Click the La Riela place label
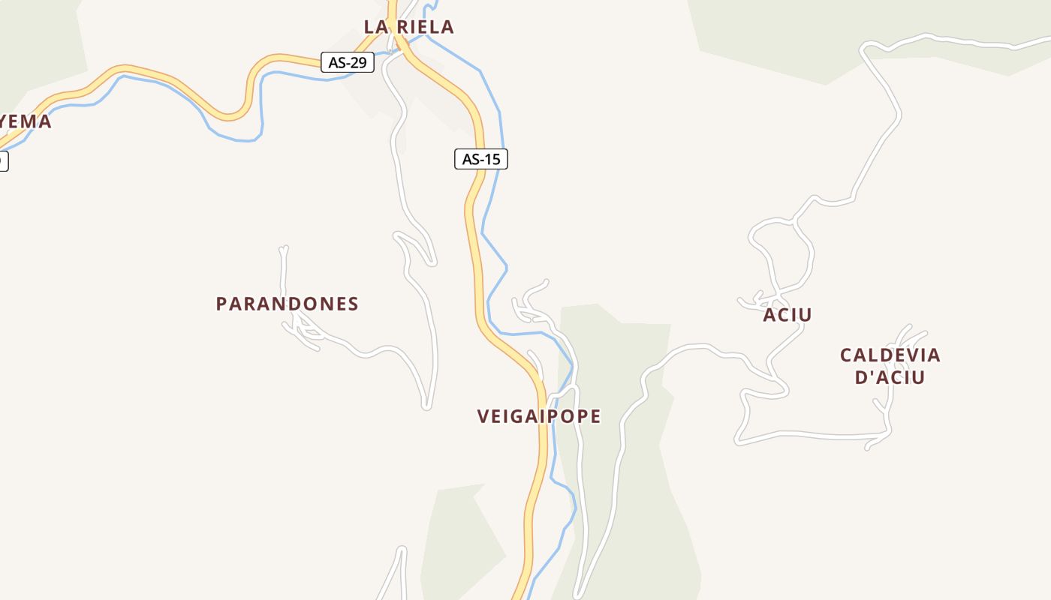point(409,27)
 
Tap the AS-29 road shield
point(348,62)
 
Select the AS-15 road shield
point(481,159)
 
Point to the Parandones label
point(287,304)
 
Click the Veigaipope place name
point(539,416)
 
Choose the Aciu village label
point(787,315)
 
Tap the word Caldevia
point(890,355)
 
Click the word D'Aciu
point(890,376)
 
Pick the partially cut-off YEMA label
point(26,121)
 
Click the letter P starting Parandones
point(221,304)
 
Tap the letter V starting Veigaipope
point(483,416)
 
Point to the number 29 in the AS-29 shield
point(359,62)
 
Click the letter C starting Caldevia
point(846,355)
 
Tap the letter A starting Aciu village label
point(769,315)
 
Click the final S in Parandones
point(353,304)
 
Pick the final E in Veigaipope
point(595,416)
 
